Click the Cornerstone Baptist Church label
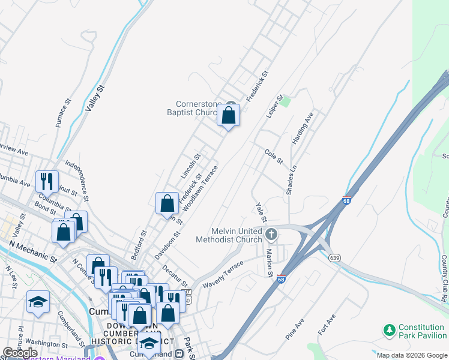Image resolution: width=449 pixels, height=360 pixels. tap(196, 109)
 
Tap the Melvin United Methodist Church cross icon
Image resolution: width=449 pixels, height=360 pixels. tap(271, 233)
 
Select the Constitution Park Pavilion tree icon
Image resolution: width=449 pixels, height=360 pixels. tap(390, 330)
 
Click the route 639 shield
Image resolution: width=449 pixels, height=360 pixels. tap(335, 257)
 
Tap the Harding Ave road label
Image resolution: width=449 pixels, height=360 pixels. tap(303, 128)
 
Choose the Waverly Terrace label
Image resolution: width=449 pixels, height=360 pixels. tap(223, 274)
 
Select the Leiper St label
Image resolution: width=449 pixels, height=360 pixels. tap(274, 106)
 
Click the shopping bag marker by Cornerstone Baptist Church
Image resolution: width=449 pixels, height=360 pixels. tap(229, 115)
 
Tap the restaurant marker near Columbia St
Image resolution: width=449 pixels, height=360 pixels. tap(46, 180)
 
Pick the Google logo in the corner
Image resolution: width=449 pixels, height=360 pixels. tap(20, 353)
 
